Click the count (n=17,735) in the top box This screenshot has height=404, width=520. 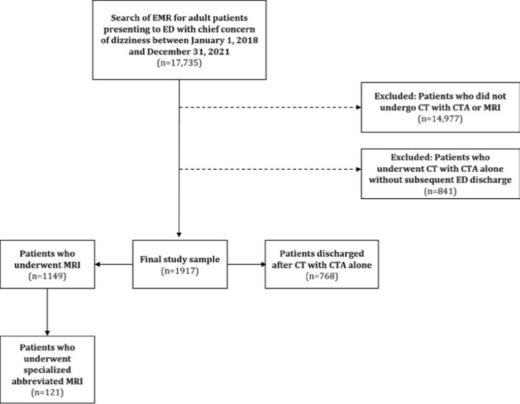click(x=179, y=63)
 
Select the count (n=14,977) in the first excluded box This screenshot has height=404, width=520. click(x=440, y=118)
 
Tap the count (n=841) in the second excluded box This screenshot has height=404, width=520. click(x=440, y=191)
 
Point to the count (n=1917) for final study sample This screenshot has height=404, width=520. click(x=180, y=271)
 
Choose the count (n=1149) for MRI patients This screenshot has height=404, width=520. click(x=47, y=276)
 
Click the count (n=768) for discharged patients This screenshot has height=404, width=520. click(x=321, y=276)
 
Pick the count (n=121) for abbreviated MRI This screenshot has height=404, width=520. click(x=47, y=392)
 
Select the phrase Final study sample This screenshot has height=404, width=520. click(x=180, y=259)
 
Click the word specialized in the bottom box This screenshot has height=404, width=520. click(x=47, y=370)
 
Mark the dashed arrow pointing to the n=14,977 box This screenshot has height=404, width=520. click(x=270, y=107)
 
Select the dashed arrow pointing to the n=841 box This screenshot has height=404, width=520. click(x=270, y=169)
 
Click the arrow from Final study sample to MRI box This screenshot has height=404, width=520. click(x=114, y=264)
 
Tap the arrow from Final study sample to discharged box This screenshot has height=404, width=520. click(x=246, y=264)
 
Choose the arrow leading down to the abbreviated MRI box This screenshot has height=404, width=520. click(x=47, y=312)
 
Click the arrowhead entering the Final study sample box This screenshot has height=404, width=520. click(x=179, y=235)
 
